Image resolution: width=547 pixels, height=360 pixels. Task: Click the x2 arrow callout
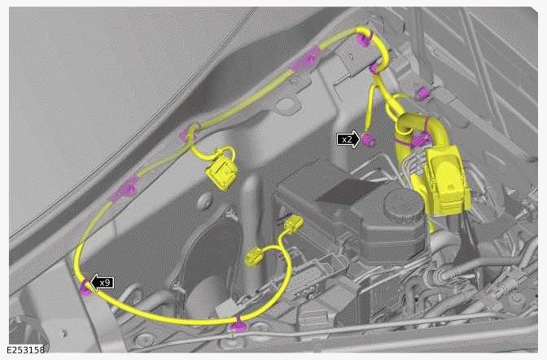click(x=348, y=139)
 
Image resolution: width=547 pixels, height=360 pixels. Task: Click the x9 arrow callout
click(x=102, y=283)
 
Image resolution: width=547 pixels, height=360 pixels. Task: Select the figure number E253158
click(x=25, y=351)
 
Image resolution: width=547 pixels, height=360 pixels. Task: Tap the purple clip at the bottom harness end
click(x=238, y=326)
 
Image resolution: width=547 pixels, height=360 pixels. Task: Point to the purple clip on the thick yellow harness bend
click(x=420, y=140)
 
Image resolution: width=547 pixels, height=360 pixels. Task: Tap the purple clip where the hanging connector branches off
click(x=194, y=129)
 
